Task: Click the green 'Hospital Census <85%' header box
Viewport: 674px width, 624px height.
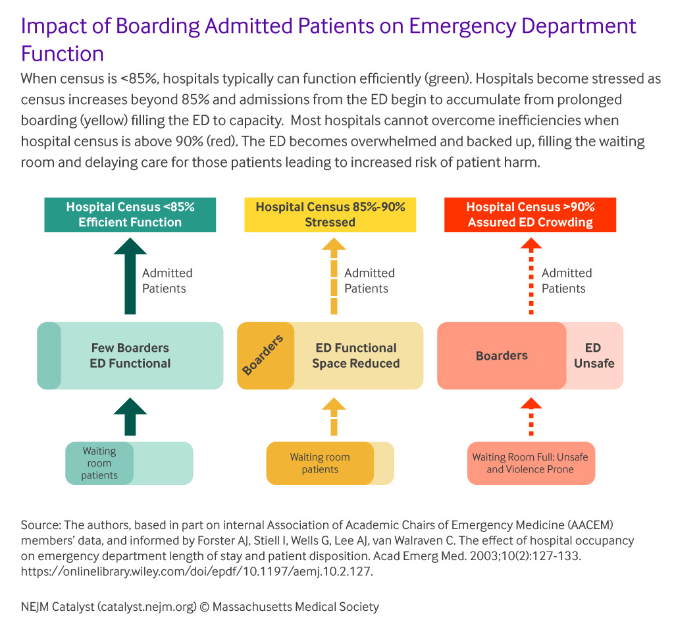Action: [130, 215]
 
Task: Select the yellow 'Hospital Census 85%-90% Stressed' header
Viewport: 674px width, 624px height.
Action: [330, 215]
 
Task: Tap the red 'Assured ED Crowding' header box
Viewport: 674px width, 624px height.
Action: [530, 215]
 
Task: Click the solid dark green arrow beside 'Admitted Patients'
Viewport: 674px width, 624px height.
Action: [130, 276]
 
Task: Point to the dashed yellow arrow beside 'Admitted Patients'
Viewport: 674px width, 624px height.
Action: [334, 276]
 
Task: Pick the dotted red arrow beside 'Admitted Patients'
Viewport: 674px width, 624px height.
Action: [531, 276]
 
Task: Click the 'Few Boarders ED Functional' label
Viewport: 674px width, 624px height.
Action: [130, 355]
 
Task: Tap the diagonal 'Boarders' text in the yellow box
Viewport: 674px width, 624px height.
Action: [263, 355]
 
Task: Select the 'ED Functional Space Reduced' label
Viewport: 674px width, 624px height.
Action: [356, 355]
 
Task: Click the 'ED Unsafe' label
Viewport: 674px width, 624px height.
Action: [594, 355]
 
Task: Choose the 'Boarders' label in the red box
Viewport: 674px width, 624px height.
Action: [502, 355]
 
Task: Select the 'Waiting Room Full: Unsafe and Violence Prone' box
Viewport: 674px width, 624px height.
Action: [531, 463]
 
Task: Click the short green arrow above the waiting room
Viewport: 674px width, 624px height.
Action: [130, 416]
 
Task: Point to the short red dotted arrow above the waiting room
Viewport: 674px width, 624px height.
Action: [531, 416]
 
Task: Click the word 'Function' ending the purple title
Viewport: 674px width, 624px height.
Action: [63, 54]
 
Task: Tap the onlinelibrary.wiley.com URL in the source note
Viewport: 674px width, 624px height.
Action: [197, 571]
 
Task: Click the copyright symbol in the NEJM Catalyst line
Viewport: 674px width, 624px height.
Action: [205, 607]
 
